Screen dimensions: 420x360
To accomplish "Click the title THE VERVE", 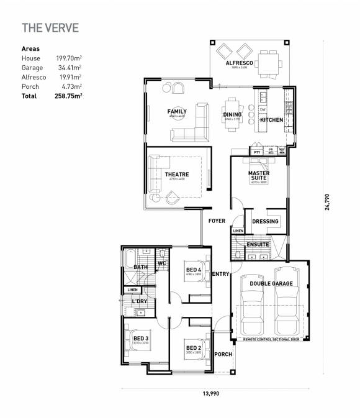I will coord(50,28).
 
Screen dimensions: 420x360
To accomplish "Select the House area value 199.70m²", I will coord(70,58).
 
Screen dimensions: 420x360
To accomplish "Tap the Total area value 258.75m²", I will coord(69,96).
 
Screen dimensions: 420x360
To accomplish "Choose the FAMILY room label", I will coord(177,112).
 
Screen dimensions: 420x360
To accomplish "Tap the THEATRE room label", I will coord(177,175).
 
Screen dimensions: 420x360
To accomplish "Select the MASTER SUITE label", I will coord(258,175).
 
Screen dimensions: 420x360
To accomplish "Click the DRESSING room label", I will coord(266,221).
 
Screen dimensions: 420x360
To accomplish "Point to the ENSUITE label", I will coord(258,244).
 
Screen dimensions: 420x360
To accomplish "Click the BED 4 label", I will coord(193,269).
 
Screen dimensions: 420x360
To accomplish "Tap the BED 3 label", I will coord(140,339).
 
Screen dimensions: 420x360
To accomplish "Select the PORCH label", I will coord(223,354).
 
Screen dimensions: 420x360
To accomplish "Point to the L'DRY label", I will coord(139,301).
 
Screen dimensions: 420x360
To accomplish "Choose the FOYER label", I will coord(217,221).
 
